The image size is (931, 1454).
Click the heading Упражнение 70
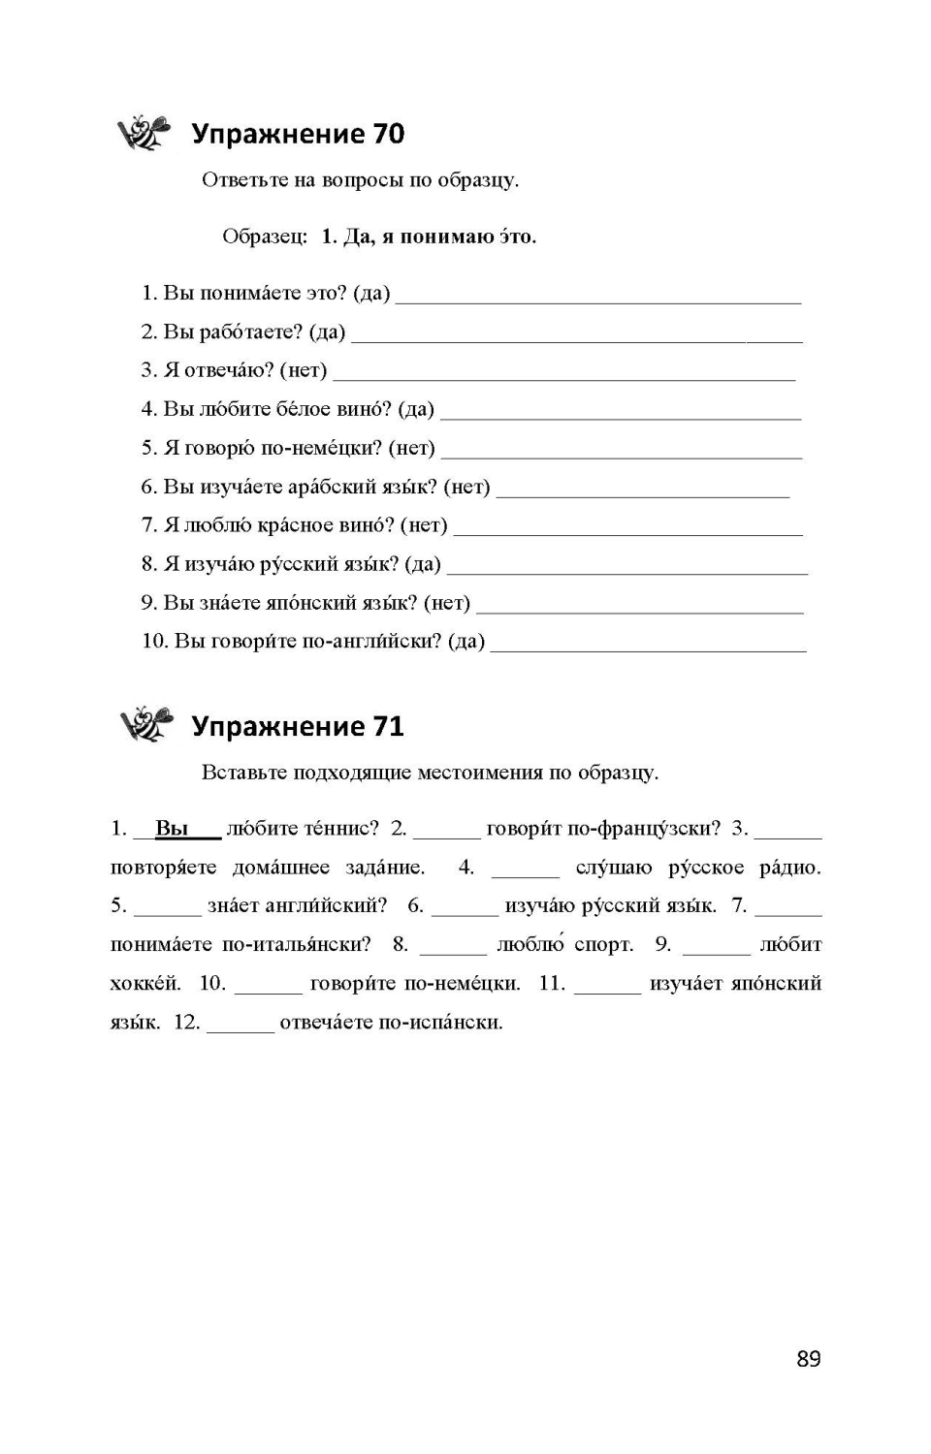[298, 134]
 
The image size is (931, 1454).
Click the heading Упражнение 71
[298, 726]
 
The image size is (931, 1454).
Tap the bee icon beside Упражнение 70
[144, 132]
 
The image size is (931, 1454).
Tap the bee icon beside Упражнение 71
[145, 724]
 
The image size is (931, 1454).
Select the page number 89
[809, 1359]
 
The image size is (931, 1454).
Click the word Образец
[264, 237]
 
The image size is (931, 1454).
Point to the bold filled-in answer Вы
[172, 829]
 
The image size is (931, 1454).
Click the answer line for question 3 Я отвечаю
[563, 373]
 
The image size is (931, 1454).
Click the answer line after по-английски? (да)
[648, 645]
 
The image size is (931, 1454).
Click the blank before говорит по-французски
[446, 831]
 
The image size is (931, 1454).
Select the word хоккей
[145, 984]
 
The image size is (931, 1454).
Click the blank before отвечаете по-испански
[241, 1025]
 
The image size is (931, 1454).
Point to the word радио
[789, 868]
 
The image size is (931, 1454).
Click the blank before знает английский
[167, 908]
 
